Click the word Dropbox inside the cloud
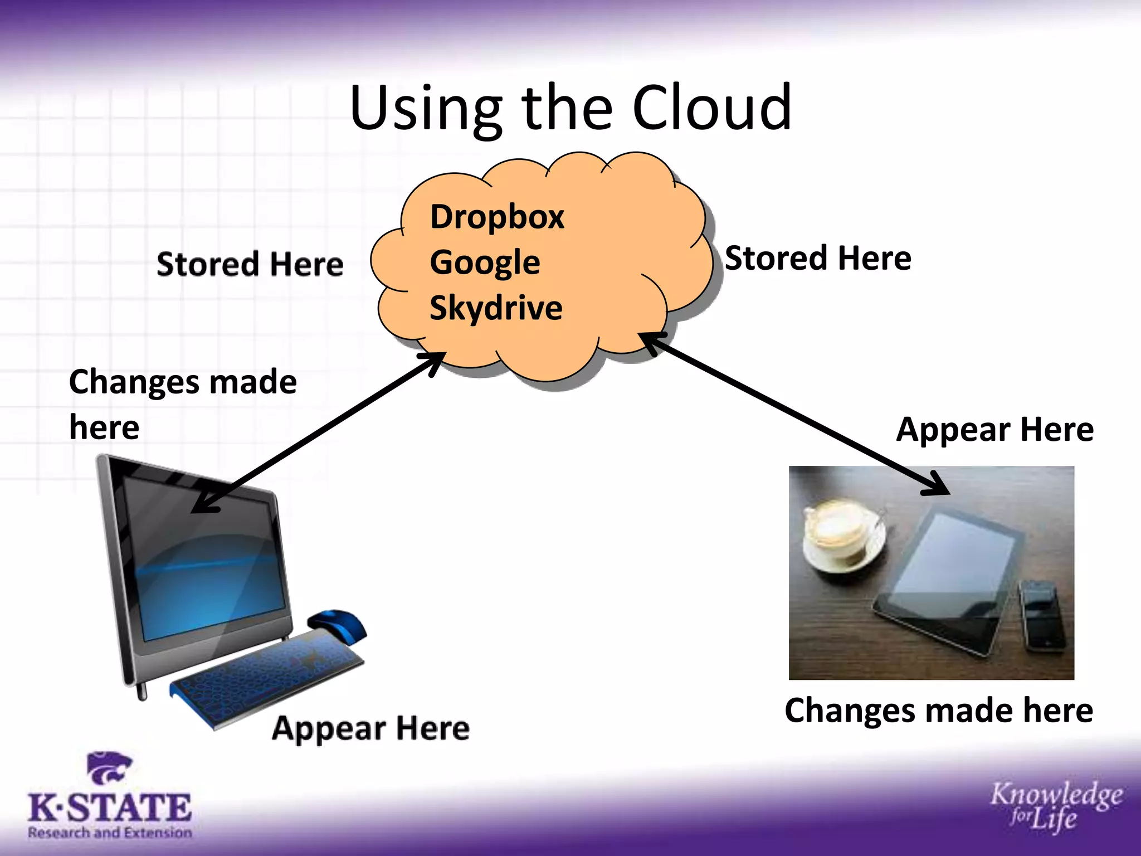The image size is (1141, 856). (x=497, y=217)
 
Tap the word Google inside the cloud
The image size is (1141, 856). (x=485, y=262)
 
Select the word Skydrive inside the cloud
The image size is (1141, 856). (x=496, y=308)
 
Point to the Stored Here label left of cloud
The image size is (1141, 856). (x=250, y=264)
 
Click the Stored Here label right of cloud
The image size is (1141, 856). (x=818, y=259)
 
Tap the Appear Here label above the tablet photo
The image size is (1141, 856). (x=994, y=430)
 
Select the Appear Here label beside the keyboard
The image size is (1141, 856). (x=370, y=728)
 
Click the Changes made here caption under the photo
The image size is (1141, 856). (x=939, y=711)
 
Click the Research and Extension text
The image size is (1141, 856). (x=110, y=833)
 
